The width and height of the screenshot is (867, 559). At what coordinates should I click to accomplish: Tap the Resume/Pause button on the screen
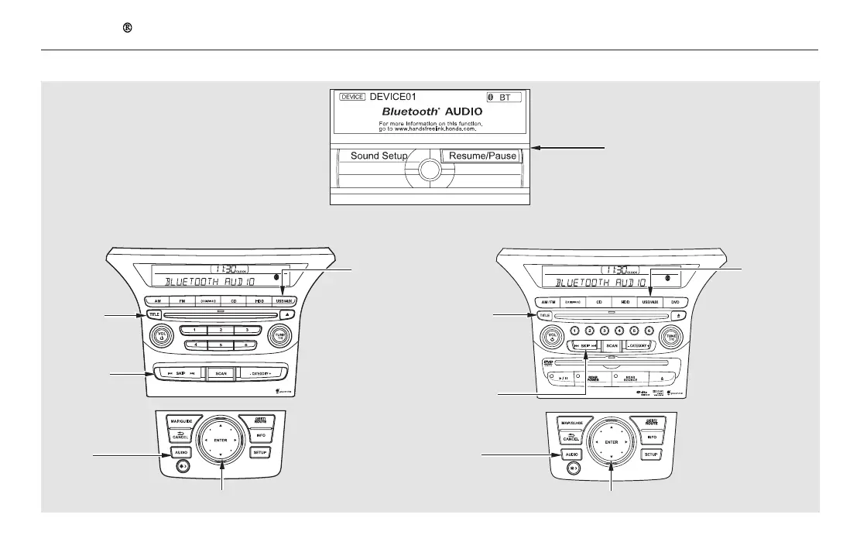point(479,156)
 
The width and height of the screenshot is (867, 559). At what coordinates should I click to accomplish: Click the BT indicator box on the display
point(503,98)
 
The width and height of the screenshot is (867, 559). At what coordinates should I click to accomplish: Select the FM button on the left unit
point(183,300)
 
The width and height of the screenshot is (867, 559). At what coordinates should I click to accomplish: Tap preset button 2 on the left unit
point(221,330)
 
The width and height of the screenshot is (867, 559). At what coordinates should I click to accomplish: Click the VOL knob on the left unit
point(161,337)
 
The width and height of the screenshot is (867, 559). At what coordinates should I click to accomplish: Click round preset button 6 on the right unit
point(649,331)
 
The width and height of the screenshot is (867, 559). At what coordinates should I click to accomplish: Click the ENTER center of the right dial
point(610,441)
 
